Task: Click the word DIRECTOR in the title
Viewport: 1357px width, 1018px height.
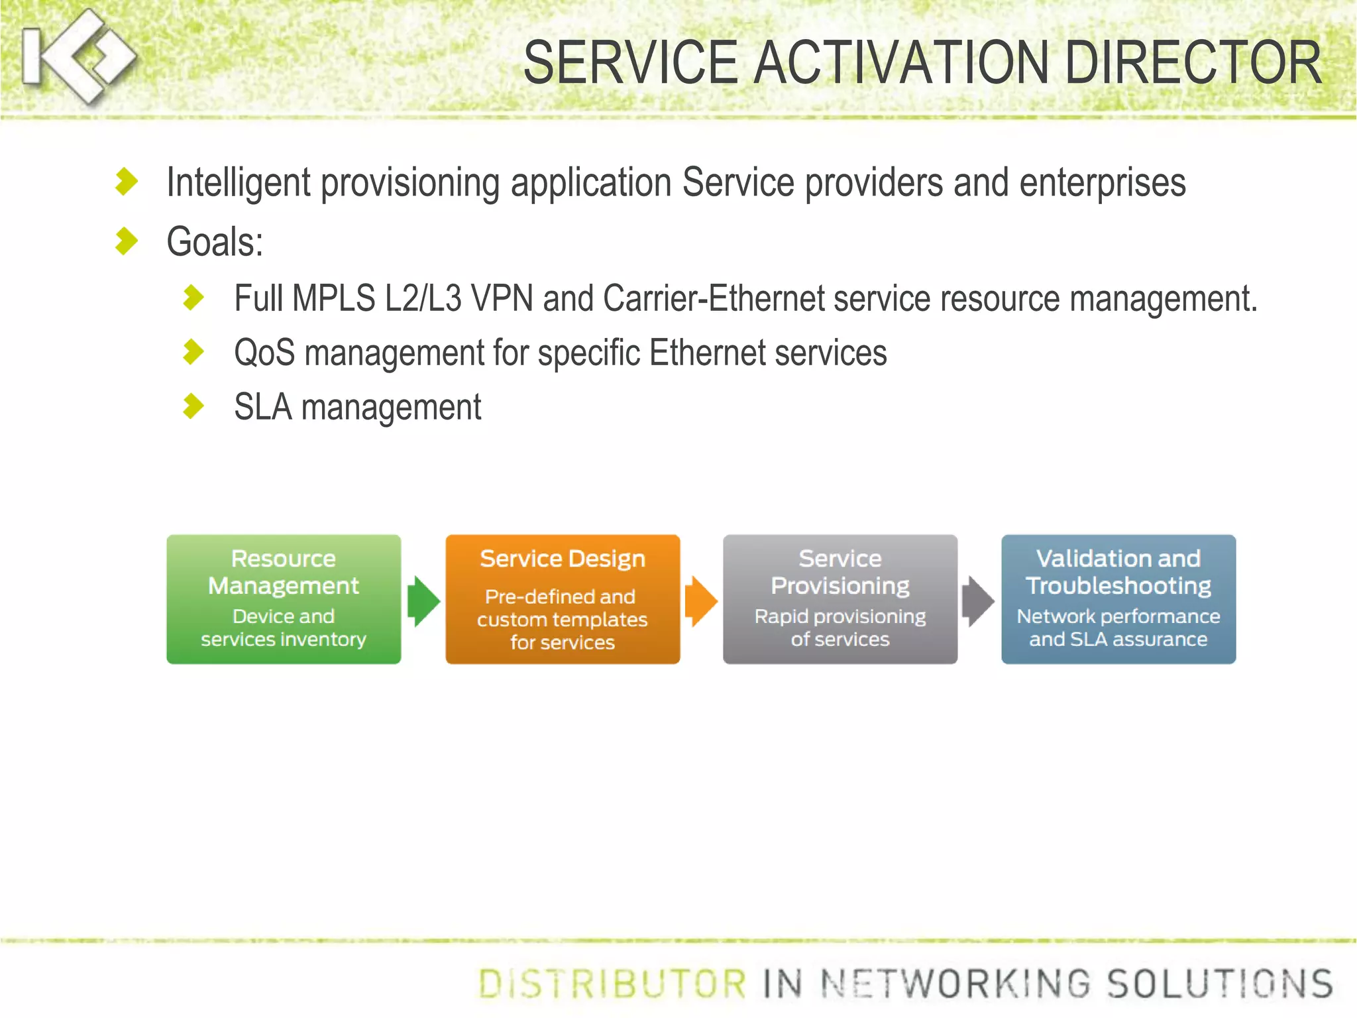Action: click(1193, 63)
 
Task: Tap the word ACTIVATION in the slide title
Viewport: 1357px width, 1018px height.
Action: click(901, 63)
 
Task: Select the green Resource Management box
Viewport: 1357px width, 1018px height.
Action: click(284, 599)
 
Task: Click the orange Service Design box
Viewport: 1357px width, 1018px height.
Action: click(563, 599)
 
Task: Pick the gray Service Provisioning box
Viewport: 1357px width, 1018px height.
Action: click(840, 599)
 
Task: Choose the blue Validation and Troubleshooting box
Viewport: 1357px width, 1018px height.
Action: click(1118, 599)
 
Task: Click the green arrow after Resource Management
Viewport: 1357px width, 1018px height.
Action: click(423, 601)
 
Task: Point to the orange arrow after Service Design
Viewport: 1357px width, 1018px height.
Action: click(701, 601)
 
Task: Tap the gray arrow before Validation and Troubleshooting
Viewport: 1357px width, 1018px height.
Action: click(978, 601)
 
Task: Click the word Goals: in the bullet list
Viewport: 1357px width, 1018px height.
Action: click(215, 242)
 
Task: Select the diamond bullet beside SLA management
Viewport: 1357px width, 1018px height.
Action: click(193, 406)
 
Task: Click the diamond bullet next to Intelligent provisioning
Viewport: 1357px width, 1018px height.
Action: click(126, 182)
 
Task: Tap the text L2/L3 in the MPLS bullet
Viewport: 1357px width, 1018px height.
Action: click(423, 298)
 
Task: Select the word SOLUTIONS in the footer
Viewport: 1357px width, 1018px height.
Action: click(1220, 984)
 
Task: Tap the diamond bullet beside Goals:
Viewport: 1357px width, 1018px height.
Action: click(126, 241)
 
